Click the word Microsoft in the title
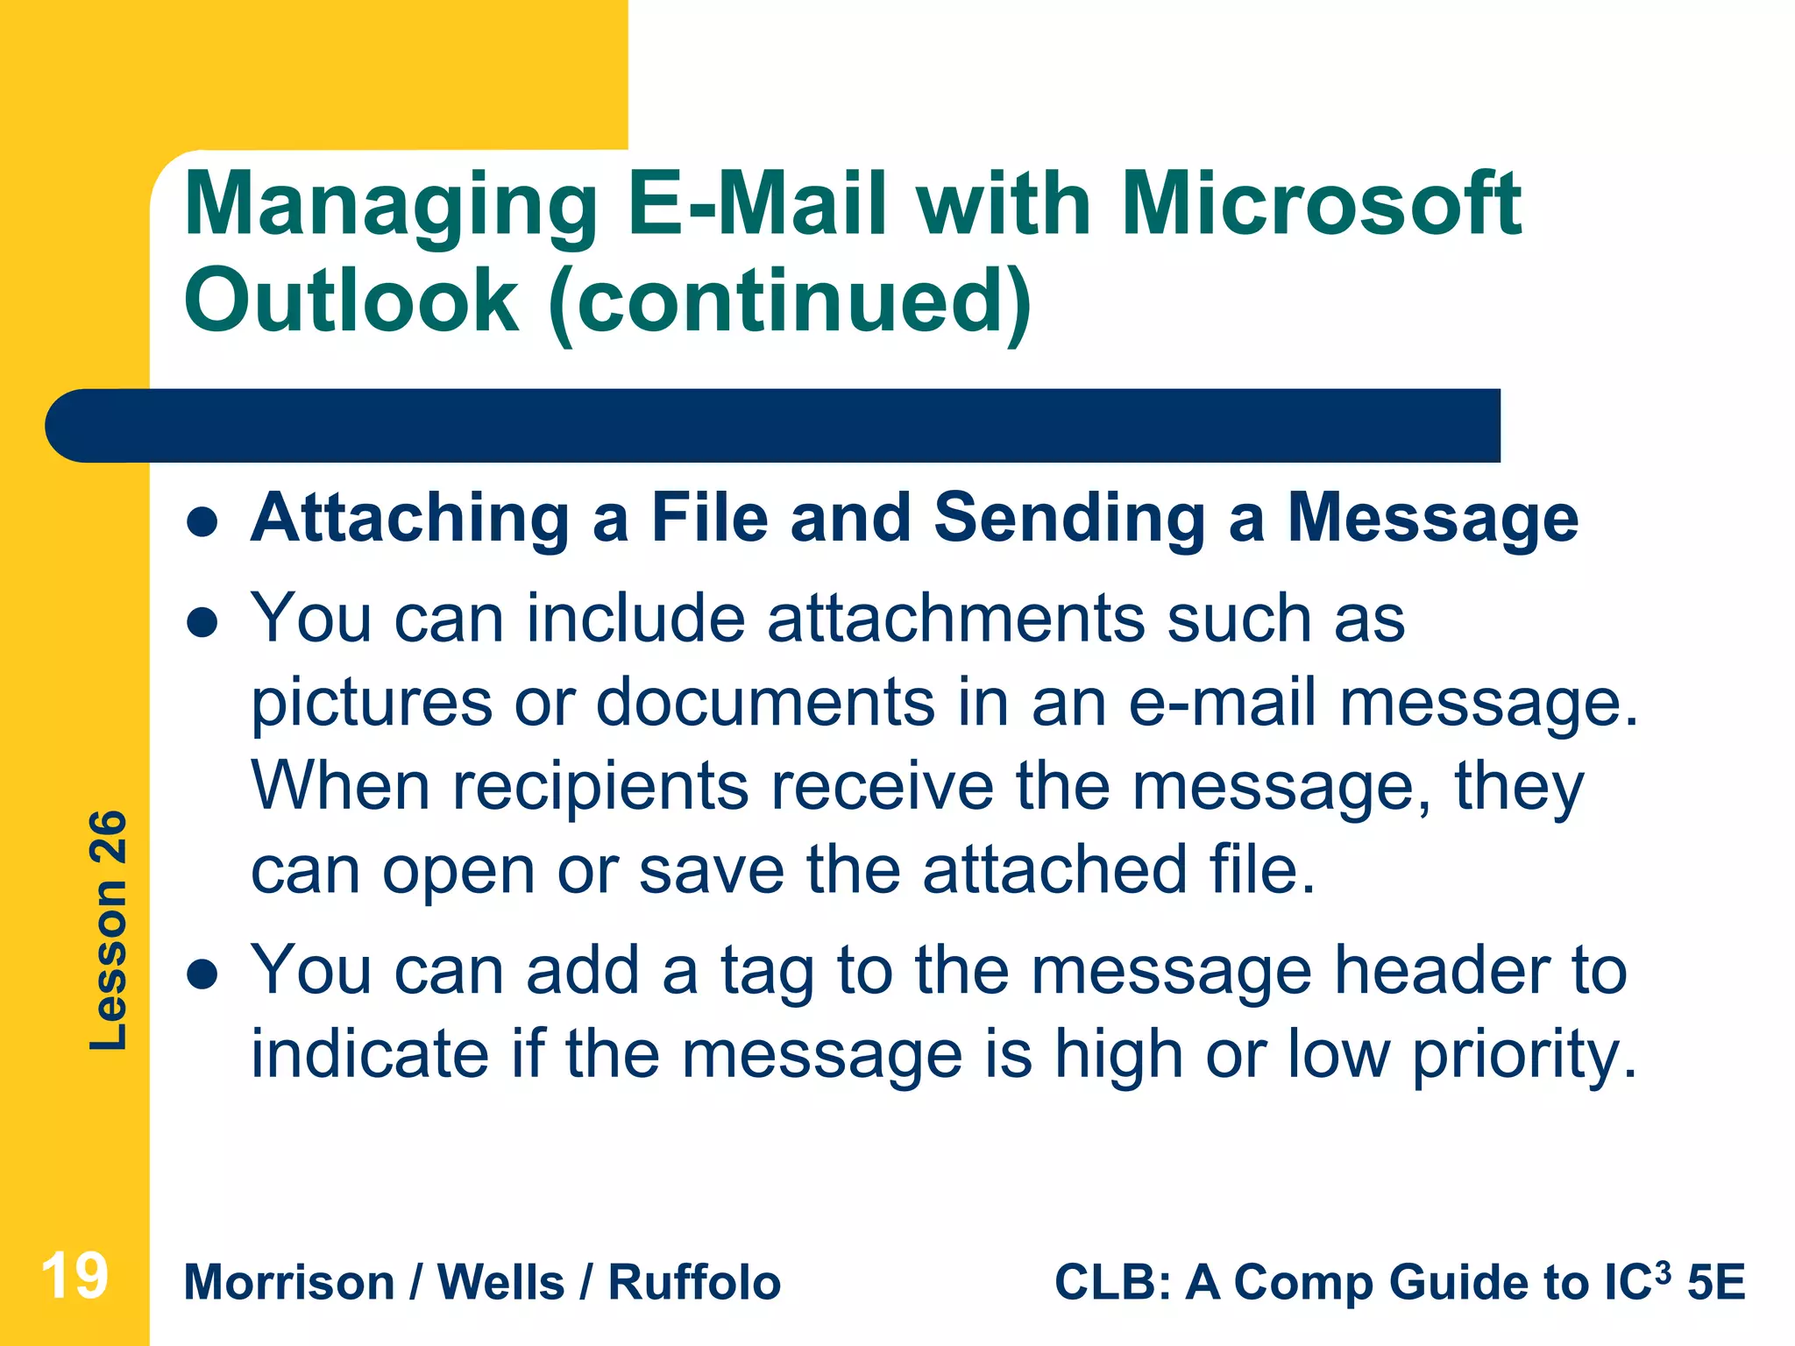(1321, 204)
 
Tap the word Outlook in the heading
(351, 301)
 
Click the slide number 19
(74, 1276)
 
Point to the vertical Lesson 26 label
(109, 930)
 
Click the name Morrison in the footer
(289, 1283)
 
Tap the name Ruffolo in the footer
(694, 1283)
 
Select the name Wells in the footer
(500, 1283)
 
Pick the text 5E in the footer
(1716, 1283)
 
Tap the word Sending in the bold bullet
(1070, 519)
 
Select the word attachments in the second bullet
(956, 619)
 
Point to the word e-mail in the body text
(1222, 703)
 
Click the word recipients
(600, 786)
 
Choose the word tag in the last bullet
(767, 971)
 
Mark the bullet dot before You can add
(202, 974)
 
